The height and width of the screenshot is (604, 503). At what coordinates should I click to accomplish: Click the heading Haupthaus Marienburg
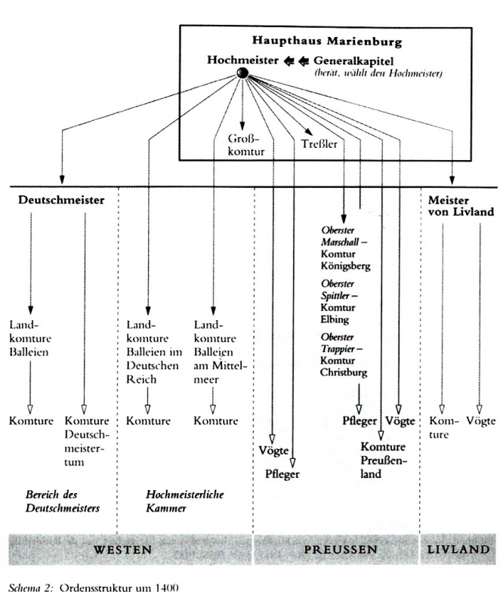pos(327,42)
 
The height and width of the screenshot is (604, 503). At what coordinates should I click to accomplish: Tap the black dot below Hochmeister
pos(242,72)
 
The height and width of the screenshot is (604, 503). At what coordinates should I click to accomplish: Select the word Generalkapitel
pos(353,60)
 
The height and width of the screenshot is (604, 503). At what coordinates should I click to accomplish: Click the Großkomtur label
pos(246,144)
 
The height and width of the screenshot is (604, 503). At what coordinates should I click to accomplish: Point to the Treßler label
pos(319,144)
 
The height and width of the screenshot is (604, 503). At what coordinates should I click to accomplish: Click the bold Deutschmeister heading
pos(61,200)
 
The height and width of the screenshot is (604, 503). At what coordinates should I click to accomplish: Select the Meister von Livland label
pos(461,205)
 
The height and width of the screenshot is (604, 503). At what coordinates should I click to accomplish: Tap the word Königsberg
pos(345,267)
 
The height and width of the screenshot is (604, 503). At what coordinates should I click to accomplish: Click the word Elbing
pos(335,319)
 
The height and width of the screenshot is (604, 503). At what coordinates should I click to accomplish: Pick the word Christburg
pos(344,372)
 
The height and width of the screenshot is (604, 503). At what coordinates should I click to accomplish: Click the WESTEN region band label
pos(122,550)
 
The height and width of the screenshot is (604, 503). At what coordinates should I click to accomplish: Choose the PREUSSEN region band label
pos(341,550)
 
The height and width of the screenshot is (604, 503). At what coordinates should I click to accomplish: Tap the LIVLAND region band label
pos(458,549)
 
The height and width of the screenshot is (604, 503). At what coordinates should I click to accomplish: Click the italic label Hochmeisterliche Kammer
pos(184,501)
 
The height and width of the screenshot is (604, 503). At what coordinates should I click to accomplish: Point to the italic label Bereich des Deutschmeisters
pos(63,501)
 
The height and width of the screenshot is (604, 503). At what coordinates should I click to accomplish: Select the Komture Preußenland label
pos(384,461)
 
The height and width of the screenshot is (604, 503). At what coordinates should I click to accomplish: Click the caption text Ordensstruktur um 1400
pos(119,588)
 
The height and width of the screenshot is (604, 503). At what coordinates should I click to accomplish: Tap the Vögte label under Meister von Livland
pos(480,421)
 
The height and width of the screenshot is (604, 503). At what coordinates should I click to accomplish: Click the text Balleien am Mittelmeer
pos(219,366)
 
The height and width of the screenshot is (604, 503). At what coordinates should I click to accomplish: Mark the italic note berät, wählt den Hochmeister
pos(378,72)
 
